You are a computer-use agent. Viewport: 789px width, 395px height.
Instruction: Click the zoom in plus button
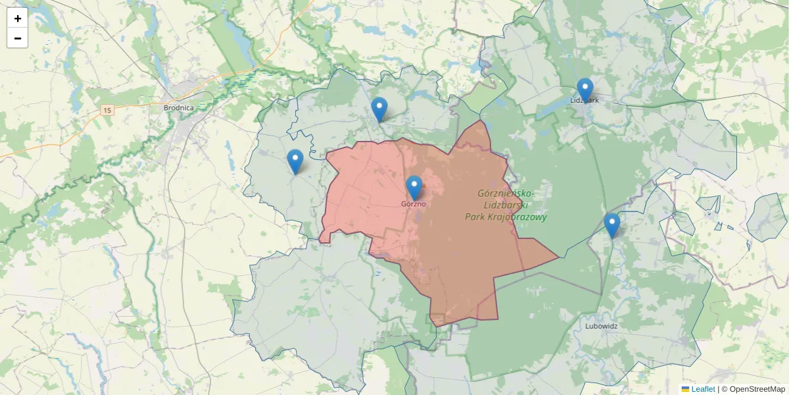tap(18, 18)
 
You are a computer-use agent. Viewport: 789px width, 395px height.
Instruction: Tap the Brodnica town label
tap(178, 107)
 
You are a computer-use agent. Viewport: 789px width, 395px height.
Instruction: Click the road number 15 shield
tap(107, 110)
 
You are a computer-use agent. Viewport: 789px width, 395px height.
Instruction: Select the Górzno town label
tap(414, 204)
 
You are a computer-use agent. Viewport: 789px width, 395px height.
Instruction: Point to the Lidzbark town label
tap(585, 101)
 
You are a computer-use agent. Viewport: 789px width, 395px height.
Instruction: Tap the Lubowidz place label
tap(601, 325)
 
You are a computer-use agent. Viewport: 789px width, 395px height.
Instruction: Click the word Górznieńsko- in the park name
tap(506, 194)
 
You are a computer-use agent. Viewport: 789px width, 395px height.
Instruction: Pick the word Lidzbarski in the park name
tap(506, 205)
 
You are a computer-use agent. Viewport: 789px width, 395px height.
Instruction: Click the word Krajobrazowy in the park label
tap(518, 217)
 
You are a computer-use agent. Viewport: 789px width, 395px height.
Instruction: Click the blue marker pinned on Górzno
tap(414, 187)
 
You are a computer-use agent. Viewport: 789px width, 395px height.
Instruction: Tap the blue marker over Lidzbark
tap(585, 90)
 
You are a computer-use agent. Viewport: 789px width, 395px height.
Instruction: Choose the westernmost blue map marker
tap(295, 161)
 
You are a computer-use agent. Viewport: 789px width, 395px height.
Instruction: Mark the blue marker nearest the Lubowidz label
tap(611, 224)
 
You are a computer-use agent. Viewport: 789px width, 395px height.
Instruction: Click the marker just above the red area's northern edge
tap(379, 109)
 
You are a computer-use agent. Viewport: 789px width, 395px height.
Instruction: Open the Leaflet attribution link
tap(703, 389)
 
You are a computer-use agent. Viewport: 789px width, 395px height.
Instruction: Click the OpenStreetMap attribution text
tap(757, 389)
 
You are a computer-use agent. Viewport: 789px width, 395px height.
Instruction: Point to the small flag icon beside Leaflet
tap(686, 389)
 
